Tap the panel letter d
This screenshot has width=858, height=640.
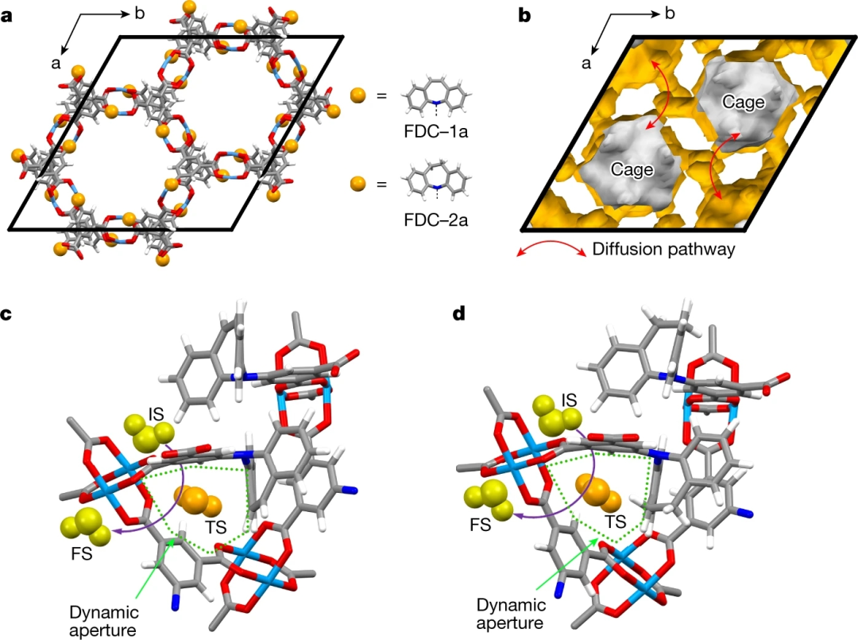coord(458,314)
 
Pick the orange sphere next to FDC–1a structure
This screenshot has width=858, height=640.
coord(357,96)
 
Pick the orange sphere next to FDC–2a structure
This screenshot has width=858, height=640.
coord(357,184)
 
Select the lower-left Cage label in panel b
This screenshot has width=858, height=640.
coord(632,169)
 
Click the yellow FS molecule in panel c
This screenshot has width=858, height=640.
coord(82,526)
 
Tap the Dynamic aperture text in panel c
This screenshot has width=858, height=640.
coord(104,619)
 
